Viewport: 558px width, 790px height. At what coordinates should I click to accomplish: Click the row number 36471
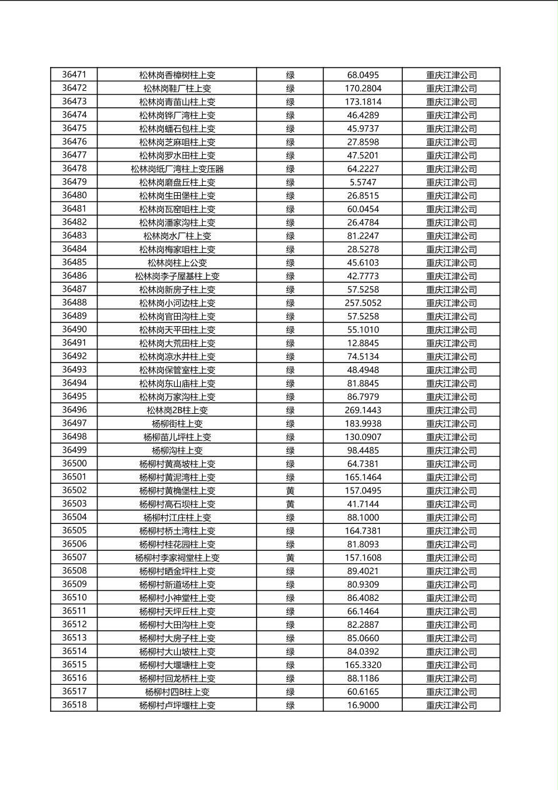(74, 74)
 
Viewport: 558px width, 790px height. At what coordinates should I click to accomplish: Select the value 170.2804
(363, 88)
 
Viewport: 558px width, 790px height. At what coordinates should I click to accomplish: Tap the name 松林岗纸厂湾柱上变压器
(177, 169)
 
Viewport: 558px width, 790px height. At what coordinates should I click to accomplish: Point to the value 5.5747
(363, 182)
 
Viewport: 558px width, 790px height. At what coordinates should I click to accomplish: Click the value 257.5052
(363, 303)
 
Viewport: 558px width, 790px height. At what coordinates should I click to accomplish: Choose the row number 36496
(74, 410)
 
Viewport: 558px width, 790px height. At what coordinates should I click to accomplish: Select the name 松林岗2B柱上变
(177, 411)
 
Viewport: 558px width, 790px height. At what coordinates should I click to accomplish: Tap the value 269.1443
(363, 411)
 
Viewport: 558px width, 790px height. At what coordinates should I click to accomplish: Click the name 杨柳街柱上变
(177, 424)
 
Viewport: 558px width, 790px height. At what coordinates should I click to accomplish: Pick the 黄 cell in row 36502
(290, 491)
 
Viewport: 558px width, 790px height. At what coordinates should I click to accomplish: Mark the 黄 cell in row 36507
(290, 558)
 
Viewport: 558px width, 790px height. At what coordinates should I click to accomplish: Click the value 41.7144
(363, 504)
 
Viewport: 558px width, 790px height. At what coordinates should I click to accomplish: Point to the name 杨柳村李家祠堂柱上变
(177, 558)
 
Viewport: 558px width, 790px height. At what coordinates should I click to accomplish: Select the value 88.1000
(363, 518)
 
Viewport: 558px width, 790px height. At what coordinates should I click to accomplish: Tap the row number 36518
(74, 705)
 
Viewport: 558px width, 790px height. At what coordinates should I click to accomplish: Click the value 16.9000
(363, 705)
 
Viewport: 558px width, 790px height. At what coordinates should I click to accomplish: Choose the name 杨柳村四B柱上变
(177, 692)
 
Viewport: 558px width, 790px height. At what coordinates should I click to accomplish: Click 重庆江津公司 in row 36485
(451, 263)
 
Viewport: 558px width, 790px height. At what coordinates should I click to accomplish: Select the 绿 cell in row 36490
(290, 330)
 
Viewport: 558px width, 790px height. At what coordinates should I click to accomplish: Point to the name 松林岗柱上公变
(177, 263)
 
